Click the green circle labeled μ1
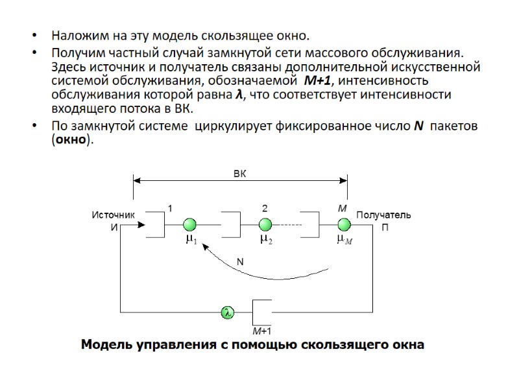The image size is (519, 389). tap(189, 224)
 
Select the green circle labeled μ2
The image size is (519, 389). tap(265, 224)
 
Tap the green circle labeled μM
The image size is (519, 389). tap(343, 224)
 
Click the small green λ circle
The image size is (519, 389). tap(227, 312)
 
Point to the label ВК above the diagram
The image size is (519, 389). tap(240, 173)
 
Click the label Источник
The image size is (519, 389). tap(113, 215)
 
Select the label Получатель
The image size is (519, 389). tap(383, 215)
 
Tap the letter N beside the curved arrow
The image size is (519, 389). tap(239, 262)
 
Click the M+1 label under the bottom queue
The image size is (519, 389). tap(261, 331)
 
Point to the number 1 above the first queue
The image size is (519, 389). tap(170, 208)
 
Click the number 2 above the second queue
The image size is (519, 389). tap(265, 208)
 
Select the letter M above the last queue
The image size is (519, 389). tap(343, 208)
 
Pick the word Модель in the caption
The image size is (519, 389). tap(104, 345)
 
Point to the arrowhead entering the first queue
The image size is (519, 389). tap(141, 225)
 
